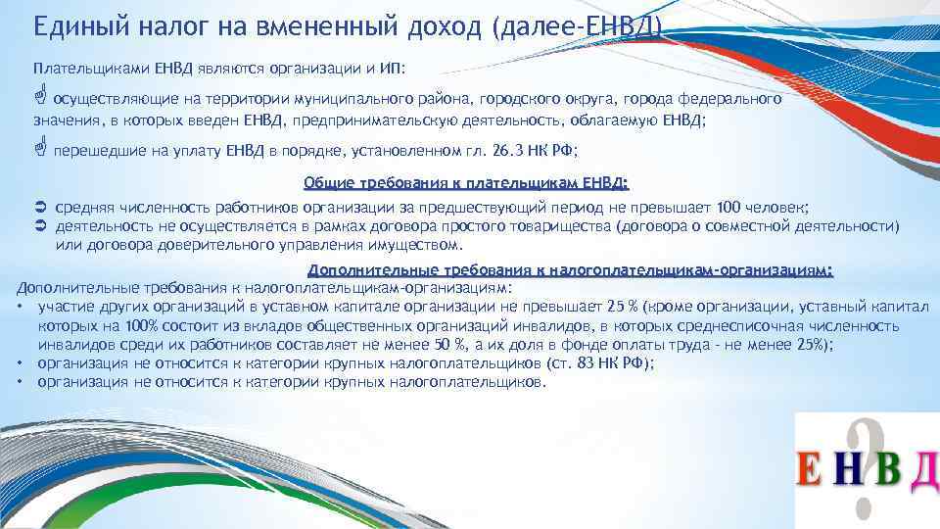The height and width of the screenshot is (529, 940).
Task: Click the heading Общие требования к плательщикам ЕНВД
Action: point(466,183)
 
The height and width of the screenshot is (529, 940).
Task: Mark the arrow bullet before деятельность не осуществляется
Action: point(40,225)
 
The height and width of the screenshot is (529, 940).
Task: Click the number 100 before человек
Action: point(729,208)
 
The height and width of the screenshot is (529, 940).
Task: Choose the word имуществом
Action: point(417,244)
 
